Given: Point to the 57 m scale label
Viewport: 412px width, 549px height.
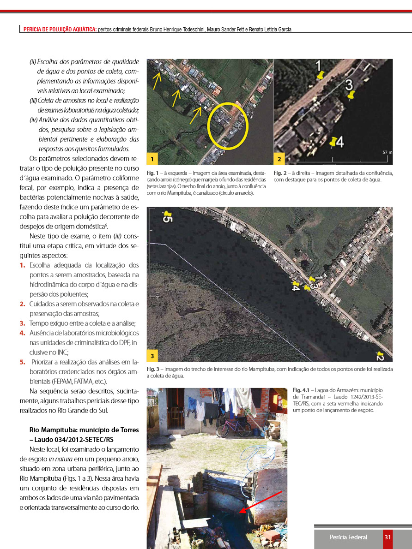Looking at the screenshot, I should pos(387,152).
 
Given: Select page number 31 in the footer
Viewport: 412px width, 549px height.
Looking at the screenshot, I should pos(388,537).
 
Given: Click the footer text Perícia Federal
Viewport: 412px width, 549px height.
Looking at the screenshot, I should pos(348,537).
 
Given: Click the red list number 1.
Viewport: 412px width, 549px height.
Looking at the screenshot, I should pos(23,265).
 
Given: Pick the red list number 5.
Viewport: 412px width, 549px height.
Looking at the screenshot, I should pos(23,362).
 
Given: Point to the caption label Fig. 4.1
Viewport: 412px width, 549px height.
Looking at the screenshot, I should pos(300,391).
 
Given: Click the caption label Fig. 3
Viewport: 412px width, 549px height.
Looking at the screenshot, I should pos(153,370).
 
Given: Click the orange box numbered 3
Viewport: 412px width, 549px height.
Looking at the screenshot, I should pos(152,356).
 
